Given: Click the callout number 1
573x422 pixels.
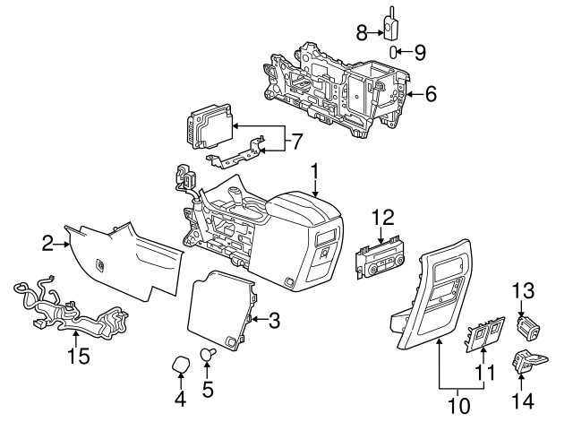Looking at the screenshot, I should click(314, 170).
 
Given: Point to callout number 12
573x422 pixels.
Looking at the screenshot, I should click(383, 217).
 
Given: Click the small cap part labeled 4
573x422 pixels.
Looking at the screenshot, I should click(180, 366).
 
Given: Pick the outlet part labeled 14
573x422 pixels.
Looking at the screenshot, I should click(526, 361).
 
